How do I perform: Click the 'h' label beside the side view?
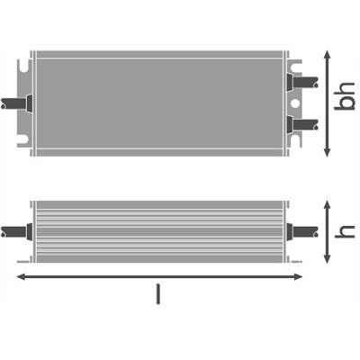tap(343, 230)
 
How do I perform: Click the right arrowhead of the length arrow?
tap(320, 276)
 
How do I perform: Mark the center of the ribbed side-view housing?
tap(163, 230)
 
